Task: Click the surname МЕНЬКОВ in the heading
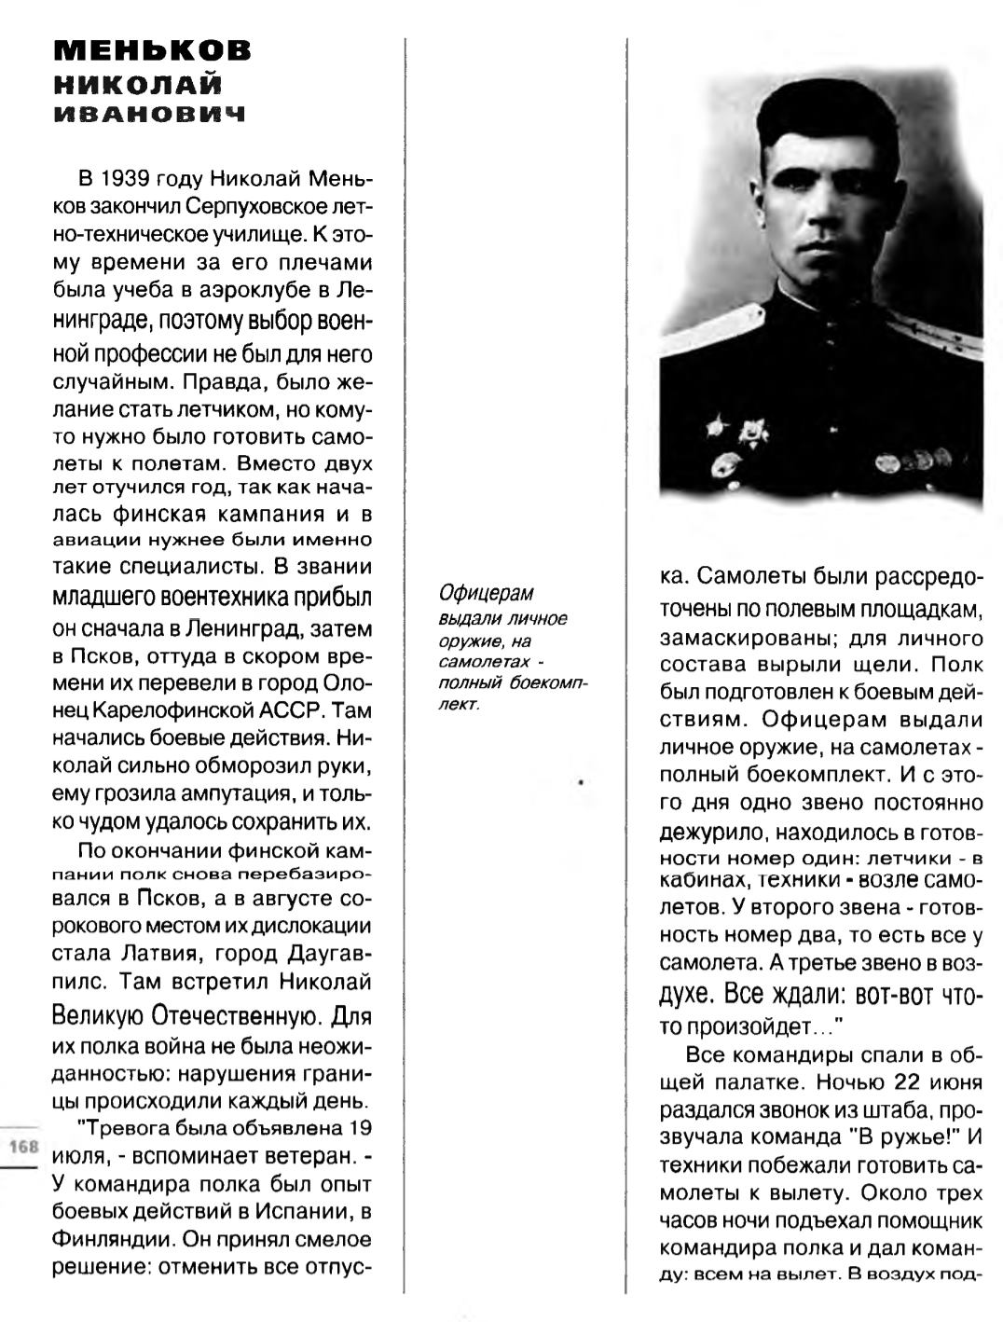(x=153, y=51)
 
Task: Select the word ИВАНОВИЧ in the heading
(x=150, y=115)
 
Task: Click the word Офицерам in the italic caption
(x=487, y=594)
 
